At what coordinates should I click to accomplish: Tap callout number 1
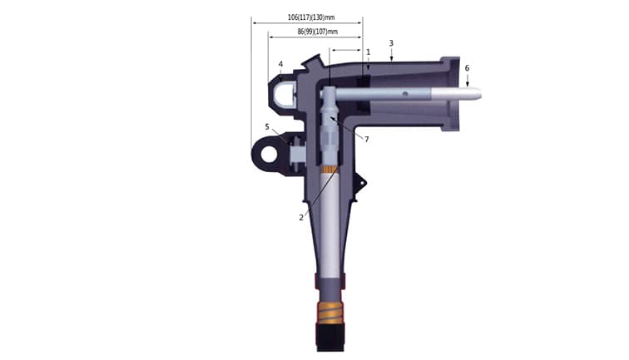click(x=368, y=52)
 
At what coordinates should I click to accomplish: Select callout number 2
click(x=301, y=217)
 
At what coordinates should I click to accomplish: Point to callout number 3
click(x=392, y=42)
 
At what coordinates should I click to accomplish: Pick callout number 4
click(x=281, y=64)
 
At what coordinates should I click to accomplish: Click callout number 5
click(x=267, y=126)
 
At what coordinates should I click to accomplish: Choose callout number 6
click(x=467, y=67)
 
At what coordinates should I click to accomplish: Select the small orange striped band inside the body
click(x=330, y=172)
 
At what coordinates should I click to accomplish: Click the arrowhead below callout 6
click(x=467, y=84)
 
